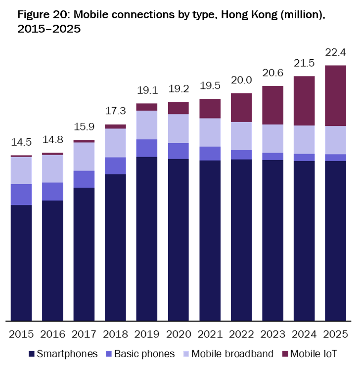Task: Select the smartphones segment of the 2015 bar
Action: (21, 262)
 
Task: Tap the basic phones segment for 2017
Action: (84, 179)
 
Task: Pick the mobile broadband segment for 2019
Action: (147, 125)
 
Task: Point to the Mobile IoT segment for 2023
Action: (272, 105)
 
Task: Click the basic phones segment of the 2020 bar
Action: (178, 151)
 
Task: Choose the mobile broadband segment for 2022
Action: (241, 136)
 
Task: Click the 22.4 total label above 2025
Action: (335, 52)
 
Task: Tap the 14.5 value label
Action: (21, 142)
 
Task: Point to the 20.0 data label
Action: (241, 81)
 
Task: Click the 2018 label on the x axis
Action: (115, 334)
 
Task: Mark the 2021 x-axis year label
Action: (210, 334)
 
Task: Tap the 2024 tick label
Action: (304, 334)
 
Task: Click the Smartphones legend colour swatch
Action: (32, 354)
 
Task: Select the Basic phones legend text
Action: (144, 354)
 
